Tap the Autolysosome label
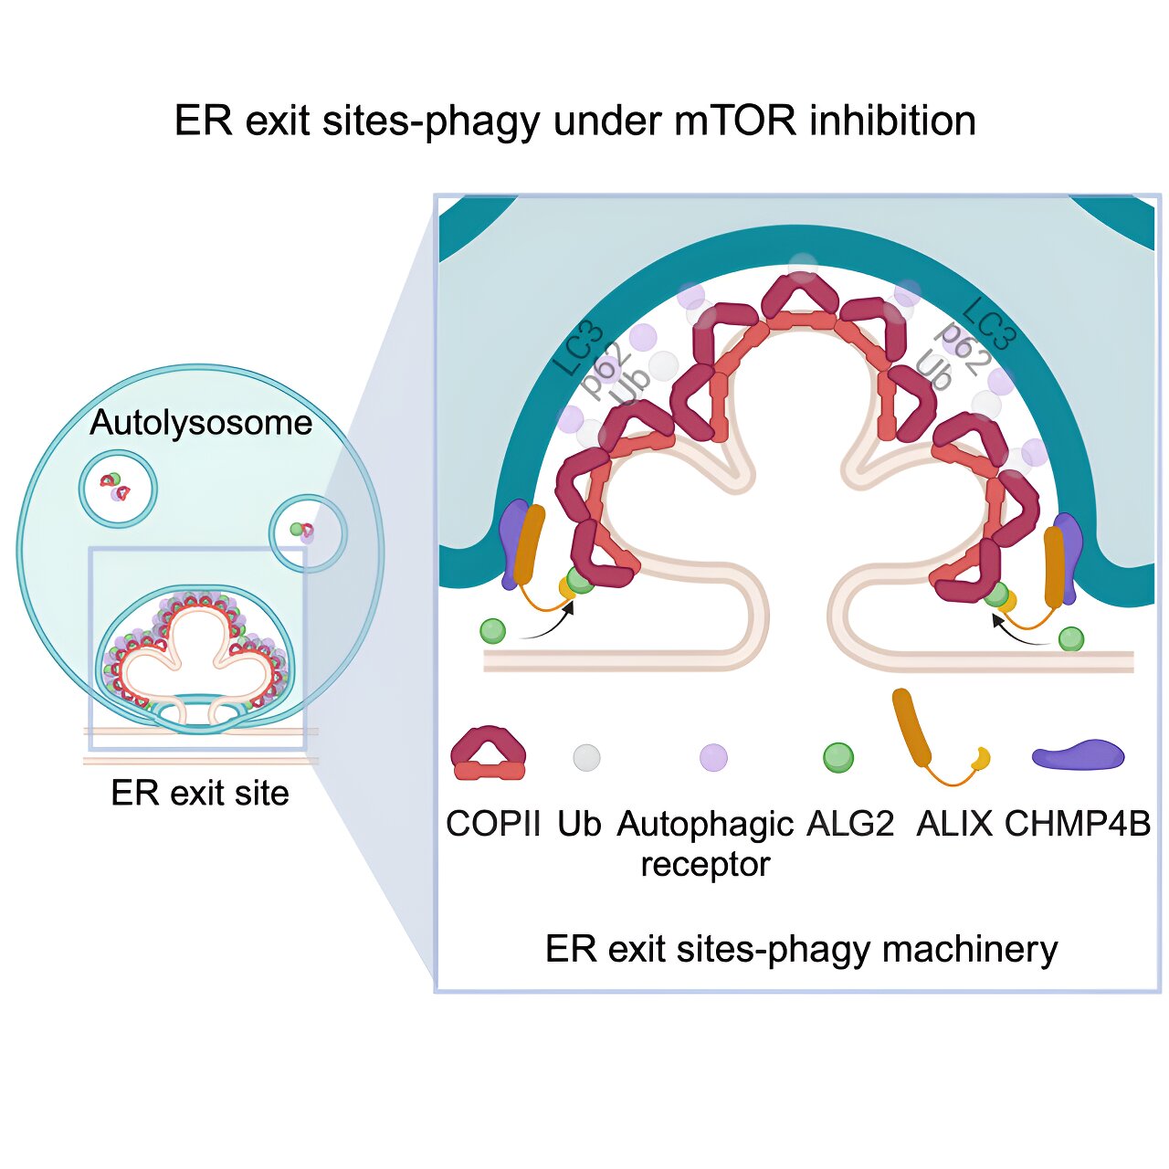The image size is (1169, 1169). [201, 423]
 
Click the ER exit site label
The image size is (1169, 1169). [199, 793]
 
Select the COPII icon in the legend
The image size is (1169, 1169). [489, 754]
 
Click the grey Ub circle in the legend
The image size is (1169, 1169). [586, 757]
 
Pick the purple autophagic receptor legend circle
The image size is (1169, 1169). [713, 757]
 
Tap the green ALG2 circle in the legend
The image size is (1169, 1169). [837, 757]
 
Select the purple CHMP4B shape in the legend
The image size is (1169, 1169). [1078, 755]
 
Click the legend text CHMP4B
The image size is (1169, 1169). [1078, 824]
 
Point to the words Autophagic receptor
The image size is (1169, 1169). [705, 843]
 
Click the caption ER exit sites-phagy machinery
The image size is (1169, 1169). [801, 949]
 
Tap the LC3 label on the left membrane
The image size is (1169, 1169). [578, 350]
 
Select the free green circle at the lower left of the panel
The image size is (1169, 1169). [492, 630]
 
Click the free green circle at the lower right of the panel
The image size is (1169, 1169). [1071, 638]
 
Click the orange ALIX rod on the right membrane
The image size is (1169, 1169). [1054, 566]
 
